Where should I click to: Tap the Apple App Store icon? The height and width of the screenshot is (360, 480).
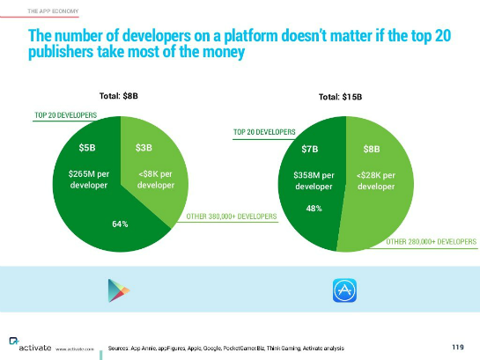[x=343, y=291]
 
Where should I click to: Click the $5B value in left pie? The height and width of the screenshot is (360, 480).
[x=87, y=148]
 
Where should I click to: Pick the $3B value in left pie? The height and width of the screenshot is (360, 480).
[x=144, y=148]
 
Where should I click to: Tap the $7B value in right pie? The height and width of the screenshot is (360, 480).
[x=309, y=149]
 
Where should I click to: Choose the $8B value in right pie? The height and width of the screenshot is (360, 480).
[x=372, y=150]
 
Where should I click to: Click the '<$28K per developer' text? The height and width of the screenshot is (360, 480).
[x=375, y=180]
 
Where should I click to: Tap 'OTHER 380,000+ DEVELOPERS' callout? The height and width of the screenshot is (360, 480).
[x=232, y=216]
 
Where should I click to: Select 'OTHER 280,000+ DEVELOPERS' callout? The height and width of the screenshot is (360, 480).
[x=432, y=240]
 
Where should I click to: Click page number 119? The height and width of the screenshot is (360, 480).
[x=457, y=346]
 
